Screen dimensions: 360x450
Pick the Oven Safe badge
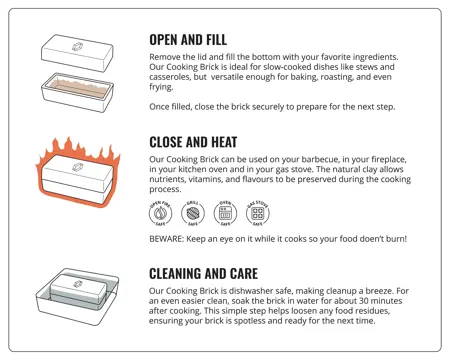[x=228, y=215]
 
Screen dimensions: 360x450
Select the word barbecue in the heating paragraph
[x=337, y=159]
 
